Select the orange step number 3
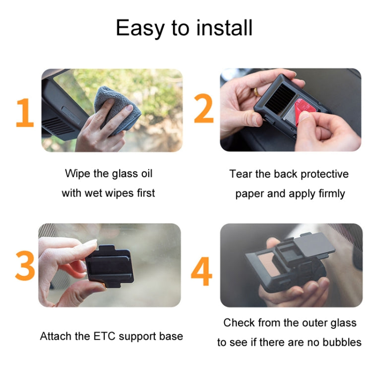coord(25,266)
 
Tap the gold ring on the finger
coord(255,92)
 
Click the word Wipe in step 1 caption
coord(76,174)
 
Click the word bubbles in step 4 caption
coord(344,342)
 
